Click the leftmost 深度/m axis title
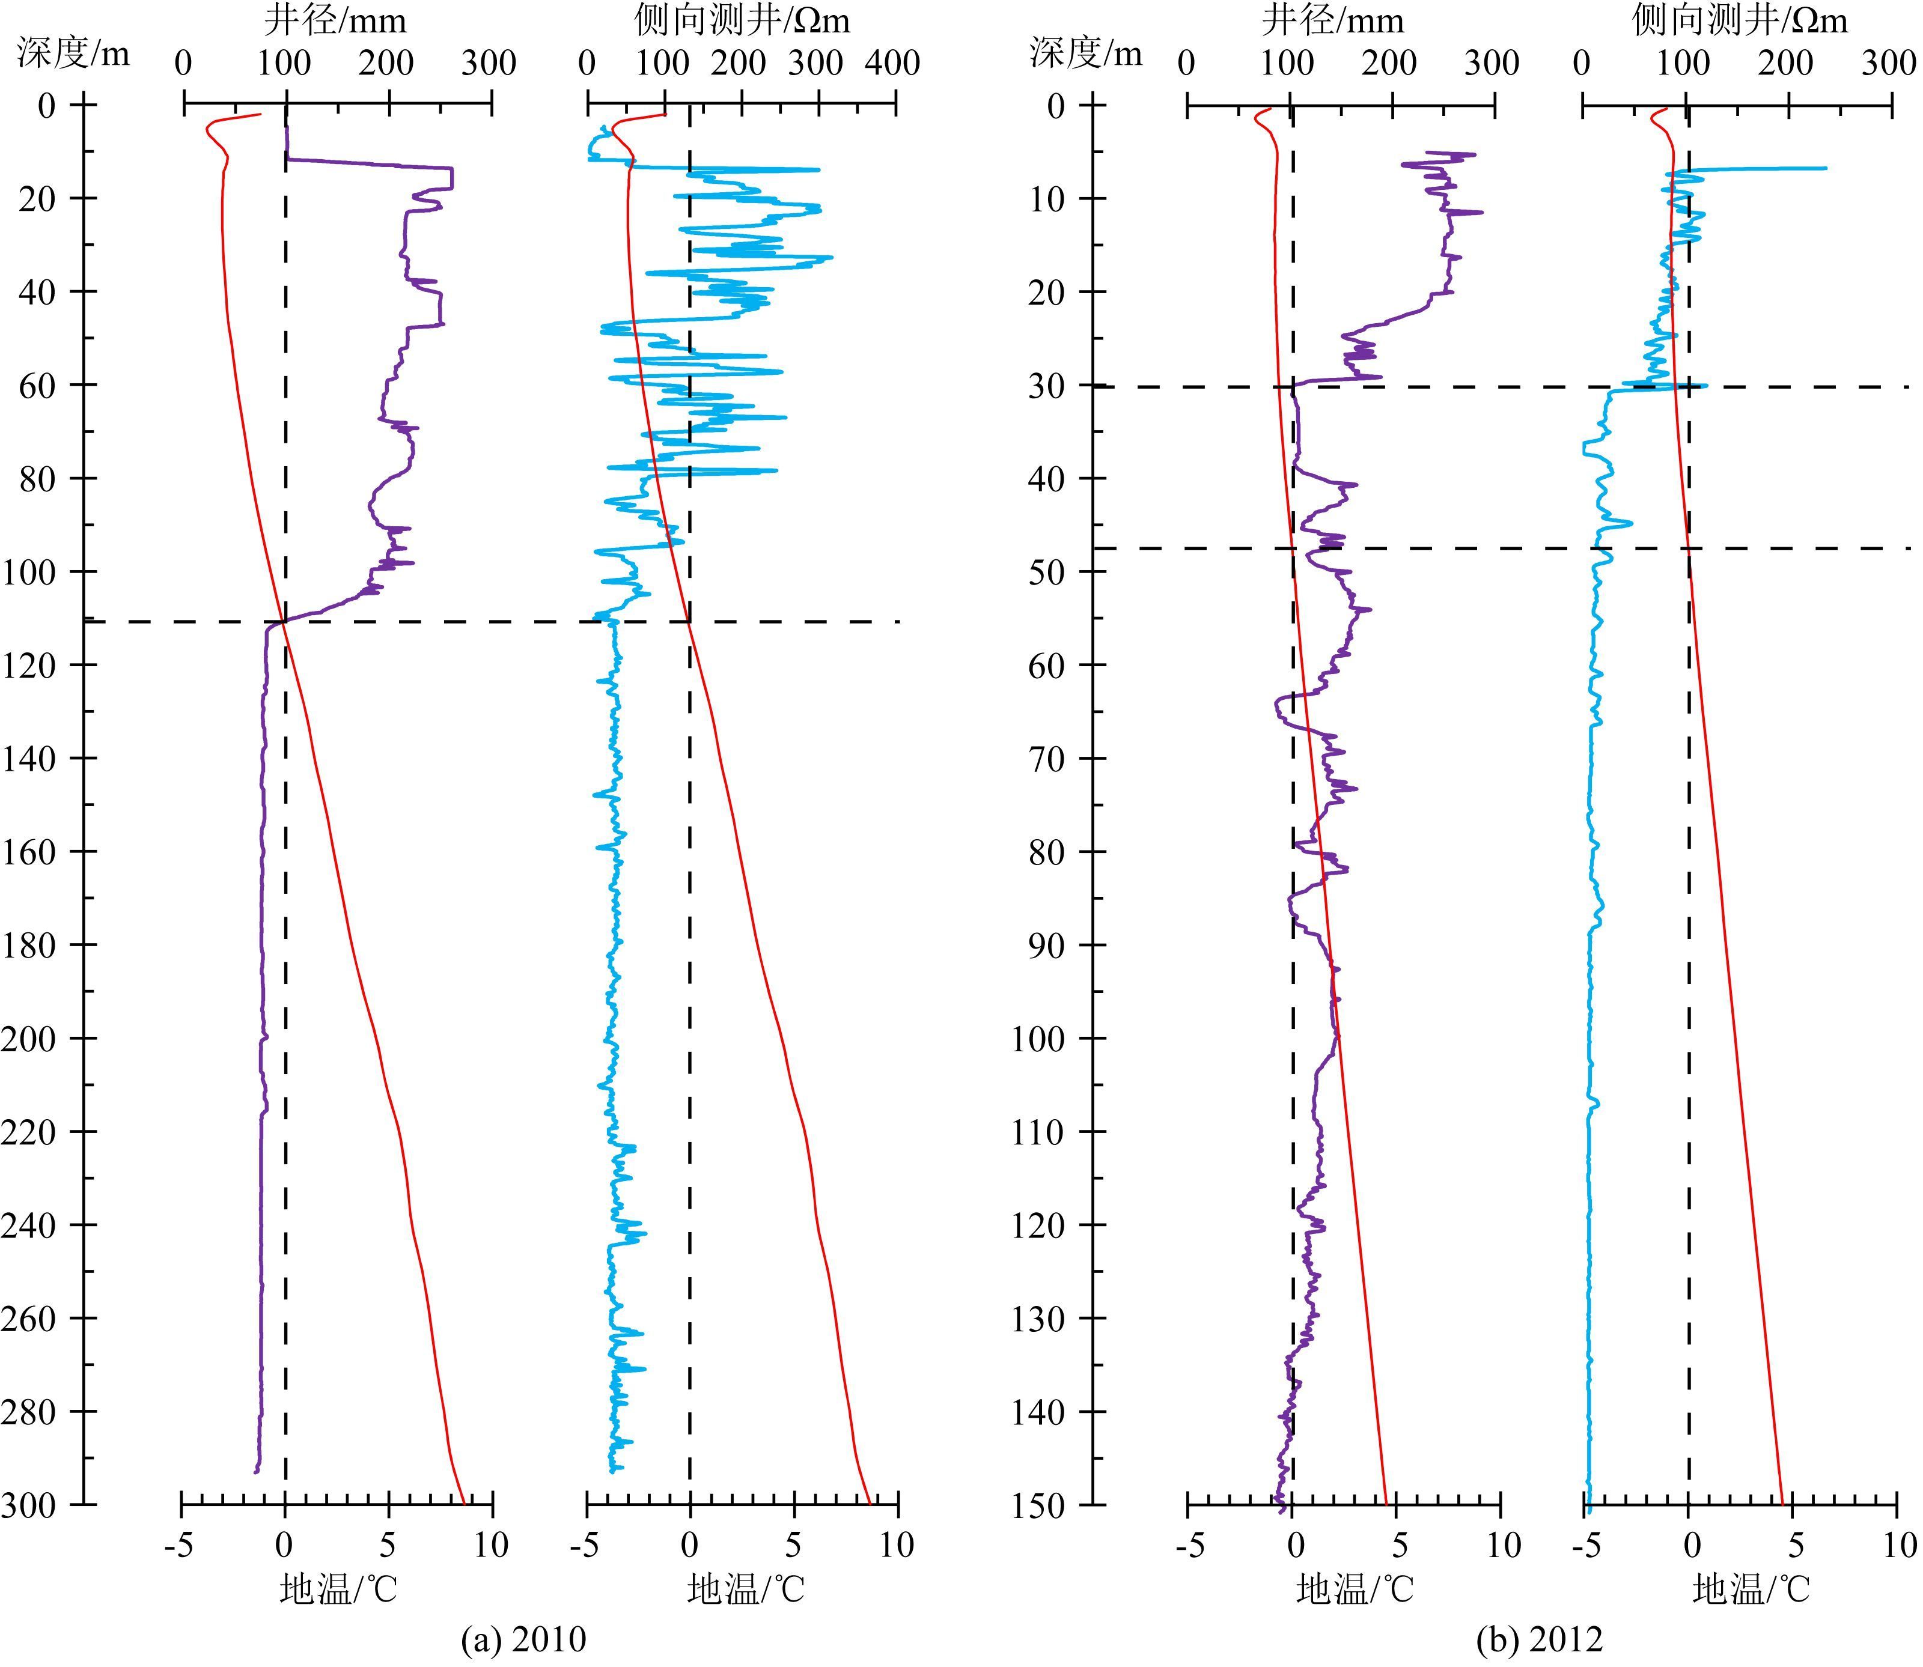click(x=73, y=54)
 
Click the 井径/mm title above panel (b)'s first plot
click(x=1332, y=20)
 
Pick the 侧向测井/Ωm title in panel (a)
click(x=742, y=20)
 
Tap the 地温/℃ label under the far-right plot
click(x=1751, y=1589)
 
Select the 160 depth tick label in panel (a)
click(x=30, y=851)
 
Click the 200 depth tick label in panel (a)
click(x=30, y=1038)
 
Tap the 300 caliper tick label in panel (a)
click(x=490, y=63)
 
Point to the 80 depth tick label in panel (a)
click(x=37, y=478)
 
